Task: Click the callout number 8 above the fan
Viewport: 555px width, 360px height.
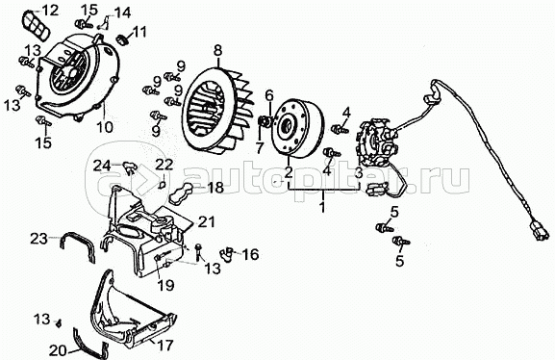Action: [x=217, y=50]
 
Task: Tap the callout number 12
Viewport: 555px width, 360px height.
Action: [x=50, y=11]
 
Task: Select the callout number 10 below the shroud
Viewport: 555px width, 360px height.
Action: [x=105, y=127]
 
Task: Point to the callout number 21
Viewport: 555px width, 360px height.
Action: [x=207, y=221]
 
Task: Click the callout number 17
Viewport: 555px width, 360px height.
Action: [x=165, y=345]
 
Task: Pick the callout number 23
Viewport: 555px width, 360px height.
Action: [x=38, y=239]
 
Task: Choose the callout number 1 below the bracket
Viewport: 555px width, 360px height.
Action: [x=322, y=207]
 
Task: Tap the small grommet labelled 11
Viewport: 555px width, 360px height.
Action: [x=123, y=39]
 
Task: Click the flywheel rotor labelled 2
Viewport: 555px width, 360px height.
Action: [x=296, y=128]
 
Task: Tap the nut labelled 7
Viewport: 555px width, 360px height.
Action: [x=264, y=121]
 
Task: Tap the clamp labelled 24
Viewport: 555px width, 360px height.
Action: [x=130, y=167]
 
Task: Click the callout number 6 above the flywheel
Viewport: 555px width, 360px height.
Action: [x=269, y=95]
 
